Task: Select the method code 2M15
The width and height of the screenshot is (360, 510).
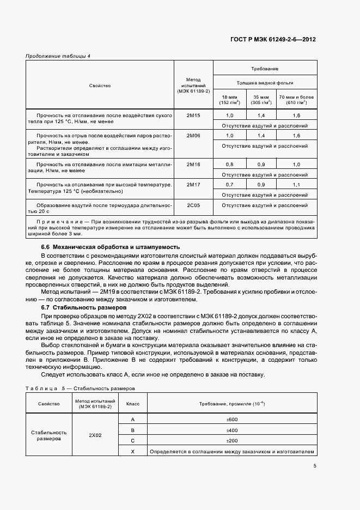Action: [x=193, y=116]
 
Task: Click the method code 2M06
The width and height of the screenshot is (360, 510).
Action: [x=193, y=135]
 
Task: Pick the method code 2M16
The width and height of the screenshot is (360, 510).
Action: [x=193, y=164]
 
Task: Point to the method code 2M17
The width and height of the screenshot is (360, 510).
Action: [x=193, y=185]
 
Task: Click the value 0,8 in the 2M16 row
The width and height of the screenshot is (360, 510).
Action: [x=229, y=164]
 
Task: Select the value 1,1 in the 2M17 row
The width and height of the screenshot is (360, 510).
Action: [x=296, y=185]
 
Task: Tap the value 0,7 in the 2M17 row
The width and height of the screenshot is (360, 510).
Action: [x=229, y=185]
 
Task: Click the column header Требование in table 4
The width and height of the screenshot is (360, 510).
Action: [x=265, y=69]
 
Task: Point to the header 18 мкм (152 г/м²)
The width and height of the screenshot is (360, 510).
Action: [x=229, y=99]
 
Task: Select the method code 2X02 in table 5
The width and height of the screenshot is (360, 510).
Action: [x=95, y=435]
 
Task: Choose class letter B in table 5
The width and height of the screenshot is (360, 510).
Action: [x=133, y=430]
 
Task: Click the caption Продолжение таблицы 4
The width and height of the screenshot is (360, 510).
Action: [x=58, y=56]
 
